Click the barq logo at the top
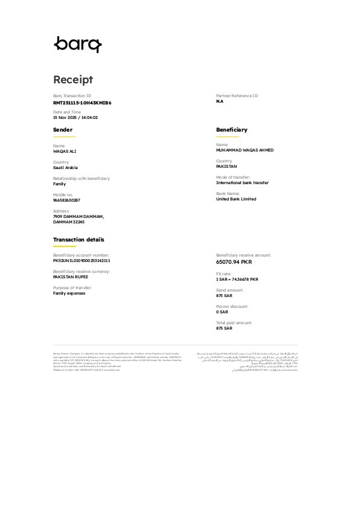pyautogui.click(x=78, y=44)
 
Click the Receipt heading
pyautogui.click(x=73, y=80)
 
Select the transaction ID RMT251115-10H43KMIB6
pyautogui.click(x=82, y=103)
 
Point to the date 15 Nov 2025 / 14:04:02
pyautogui.click(x=76, y=118)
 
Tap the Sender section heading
pyautogui.click(x=63, y=130)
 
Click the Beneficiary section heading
pyautogui.click(x=231, y=130)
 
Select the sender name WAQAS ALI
pyautogui.click(x=65, y=151)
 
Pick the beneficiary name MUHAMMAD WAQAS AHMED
pyautogui.click(x=245, y=150)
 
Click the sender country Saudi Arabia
pyautogui.click(x=65, y=167)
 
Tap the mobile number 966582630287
pyautogui.click(x=66, y=200)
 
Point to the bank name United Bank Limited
pyautogui.click(x=236, y=199)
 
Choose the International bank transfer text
pyautogui.click(x=242, y=182)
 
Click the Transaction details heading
pyautogui.click(x=79, y=240)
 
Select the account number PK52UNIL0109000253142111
pyautogui.click(x=82, y=260)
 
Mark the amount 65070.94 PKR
pyautogui.click(x=234, y=262)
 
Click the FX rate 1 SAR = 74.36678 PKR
pyautogui.click(x=237, y=280)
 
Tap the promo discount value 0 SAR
pyautogui.click(x=222, y=312)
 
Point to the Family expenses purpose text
pyautogui.click(x=69, y=293)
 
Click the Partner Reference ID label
pyautogui.click(x=237, y=96)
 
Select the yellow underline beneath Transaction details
pyautogui.click(x=64, y=246)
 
